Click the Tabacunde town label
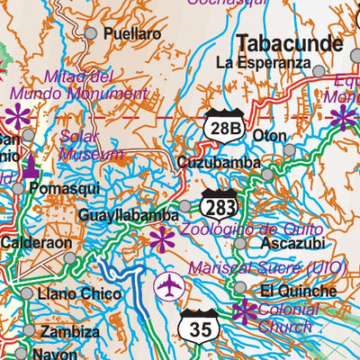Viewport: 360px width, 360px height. (x=289, y=43)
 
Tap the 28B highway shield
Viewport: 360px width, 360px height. (x=223, y=127)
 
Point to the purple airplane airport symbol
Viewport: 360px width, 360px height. (x=168, y=287)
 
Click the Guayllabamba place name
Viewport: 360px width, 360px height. (x=128, y=216)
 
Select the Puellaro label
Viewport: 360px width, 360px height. (x=131, y=33)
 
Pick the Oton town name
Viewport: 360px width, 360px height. (x=269, y=136)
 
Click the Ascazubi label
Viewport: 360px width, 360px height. (x=286, y=243)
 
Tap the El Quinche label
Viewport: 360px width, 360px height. (x=297, y=291)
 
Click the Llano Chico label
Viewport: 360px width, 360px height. (x=78, y=293)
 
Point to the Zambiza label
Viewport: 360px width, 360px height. (x=69, y=331)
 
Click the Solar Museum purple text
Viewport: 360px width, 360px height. (x=90, y=145)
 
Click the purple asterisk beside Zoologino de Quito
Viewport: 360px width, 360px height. (x=161, y=238)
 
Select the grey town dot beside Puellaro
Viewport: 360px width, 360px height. (x=90, y=33)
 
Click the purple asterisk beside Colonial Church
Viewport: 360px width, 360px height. (x=244, y=312)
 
